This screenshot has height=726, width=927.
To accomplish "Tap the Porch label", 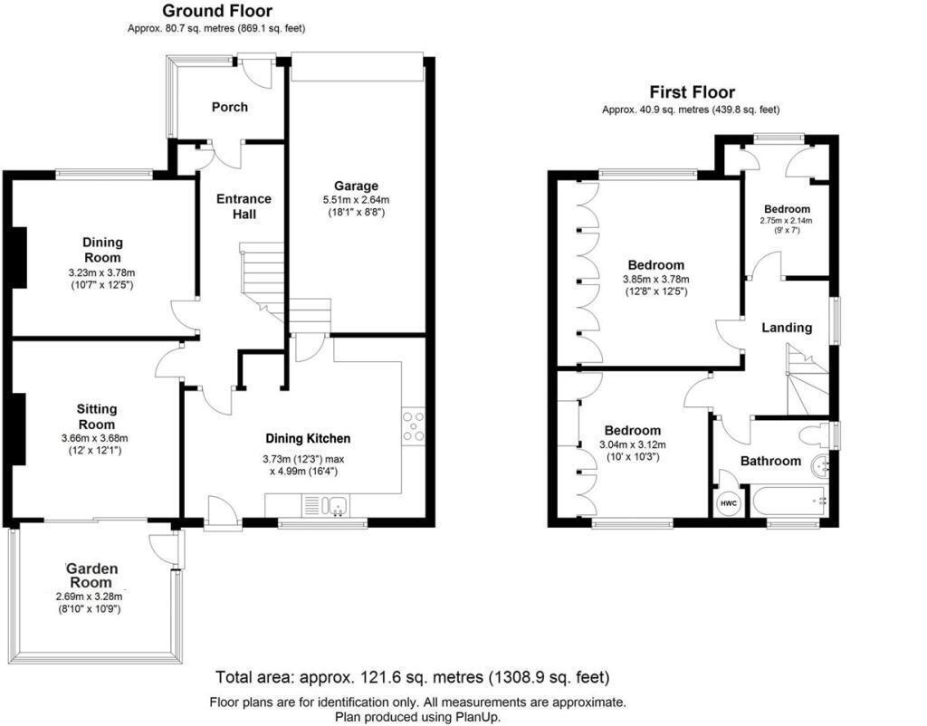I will (x=229, y=107).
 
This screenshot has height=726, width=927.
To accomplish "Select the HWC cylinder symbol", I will (x=728, y=503).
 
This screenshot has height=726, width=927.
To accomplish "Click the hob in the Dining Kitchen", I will (x=415, y=426).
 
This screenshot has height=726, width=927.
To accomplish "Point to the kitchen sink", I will (x=329, y=506).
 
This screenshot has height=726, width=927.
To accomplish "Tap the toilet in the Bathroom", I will (x=821, y=435).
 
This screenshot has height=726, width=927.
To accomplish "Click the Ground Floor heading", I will (x=216, y=11).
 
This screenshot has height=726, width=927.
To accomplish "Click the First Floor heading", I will (x=692, y=91).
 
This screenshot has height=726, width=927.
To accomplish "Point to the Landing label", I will (x=786, y=328).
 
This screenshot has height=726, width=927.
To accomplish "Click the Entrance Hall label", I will (x=244, y=206).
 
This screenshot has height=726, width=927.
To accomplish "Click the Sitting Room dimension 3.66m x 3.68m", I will (x=96, y=438).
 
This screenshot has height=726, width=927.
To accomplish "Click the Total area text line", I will (x=412, y=677).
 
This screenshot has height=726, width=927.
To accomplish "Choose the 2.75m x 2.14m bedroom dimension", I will (x=786, y=220).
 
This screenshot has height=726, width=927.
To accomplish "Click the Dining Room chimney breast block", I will (x=19, y=257).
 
